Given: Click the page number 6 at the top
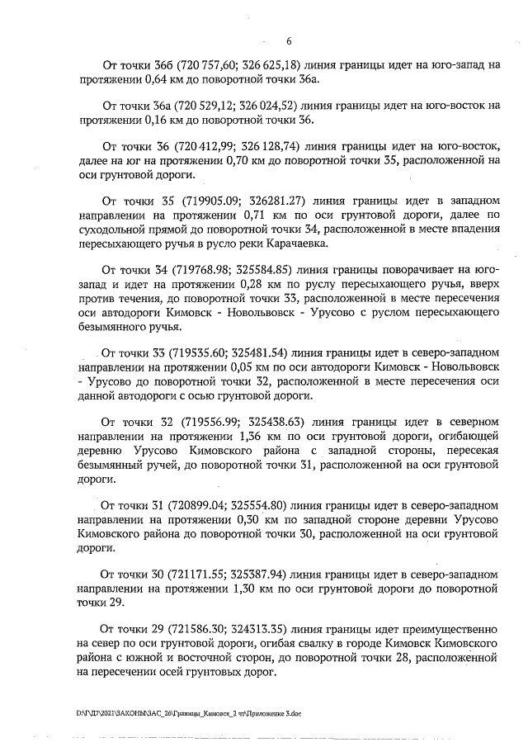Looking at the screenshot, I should pos(288,40).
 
